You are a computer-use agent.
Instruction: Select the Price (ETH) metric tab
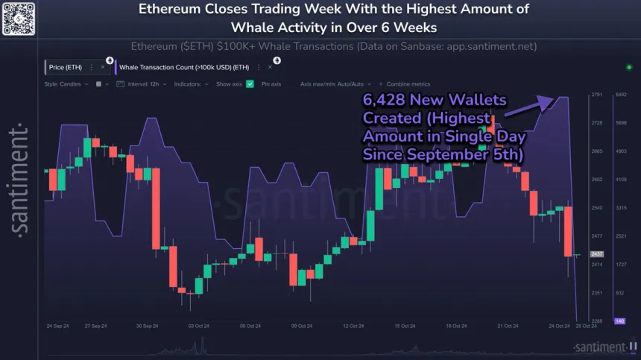tap(66, 66)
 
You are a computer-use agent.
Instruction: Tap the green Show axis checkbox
tap(250, 84)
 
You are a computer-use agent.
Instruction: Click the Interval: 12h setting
tap(146, 84)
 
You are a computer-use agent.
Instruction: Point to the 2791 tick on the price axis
tap(596, 95)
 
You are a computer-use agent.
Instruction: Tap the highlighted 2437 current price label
tap(597, 254)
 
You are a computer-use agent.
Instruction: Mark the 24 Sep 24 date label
tap(58, 326)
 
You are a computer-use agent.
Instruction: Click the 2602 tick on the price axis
tap(596, 180)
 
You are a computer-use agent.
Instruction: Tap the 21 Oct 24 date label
tap(508, 326)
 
